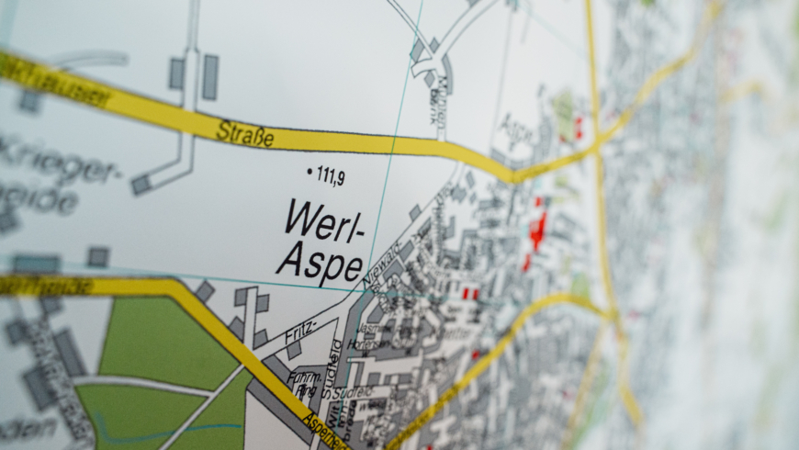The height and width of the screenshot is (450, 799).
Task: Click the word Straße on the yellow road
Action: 245,134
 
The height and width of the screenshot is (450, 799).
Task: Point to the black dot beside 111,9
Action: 309,170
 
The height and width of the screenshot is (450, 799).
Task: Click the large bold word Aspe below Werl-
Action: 320,264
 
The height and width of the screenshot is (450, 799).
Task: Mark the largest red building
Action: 537,231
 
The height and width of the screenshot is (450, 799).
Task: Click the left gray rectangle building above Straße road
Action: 176,73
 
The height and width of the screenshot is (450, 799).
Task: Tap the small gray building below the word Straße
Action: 141,185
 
